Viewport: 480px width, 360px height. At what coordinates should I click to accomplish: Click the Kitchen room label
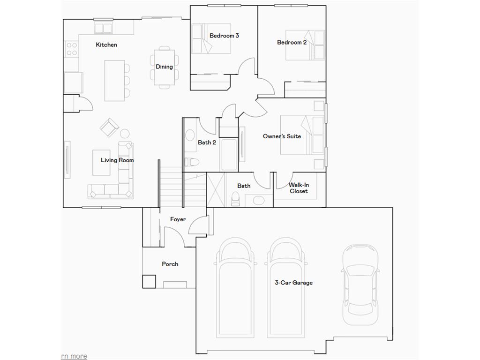coord(106,45)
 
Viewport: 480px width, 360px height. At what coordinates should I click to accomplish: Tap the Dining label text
coord(164,67)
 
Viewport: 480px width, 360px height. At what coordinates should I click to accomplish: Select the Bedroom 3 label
coord(225,36)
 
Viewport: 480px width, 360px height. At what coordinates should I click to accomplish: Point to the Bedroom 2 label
coord(292,43)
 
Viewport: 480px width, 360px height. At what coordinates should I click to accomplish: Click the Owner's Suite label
coord(282,136)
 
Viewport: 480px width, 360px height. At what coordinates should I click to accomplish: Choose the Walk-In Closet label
coord(299,188)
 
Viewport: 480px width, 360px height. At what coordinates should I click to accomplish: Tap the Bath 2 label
coord(207,142)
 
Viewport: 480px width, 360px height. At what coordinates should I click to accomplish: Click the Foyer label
coord(178,219)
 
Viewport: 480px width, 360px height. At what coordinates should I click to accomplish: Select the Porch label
coord(170,264)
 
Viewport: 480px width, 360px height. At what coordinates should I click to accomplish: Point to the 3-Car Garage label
coord(293,283)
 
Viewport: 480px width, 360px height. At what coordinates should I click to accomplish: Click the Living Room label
coord(117,160)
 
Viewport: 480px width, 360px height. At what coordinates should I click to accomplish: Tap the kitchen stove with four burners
coord(71,49)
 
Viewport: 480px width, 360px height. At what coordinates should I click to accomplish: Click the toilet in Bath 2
coord(192,162)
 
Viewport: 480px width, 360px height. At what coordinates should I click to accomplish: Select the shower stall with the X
coord(216,190)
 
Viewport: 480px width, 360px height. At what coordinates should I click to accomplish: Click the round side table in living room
coord(125,134)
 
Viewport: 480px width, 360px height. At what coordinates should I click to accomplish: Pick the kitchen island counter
coord(114,80)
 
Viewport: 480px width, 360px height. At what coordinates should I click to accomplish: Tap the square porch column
coord(149,281)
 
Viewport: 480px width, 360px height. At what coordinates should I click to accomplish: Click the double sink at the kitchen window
coord(104,28)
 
